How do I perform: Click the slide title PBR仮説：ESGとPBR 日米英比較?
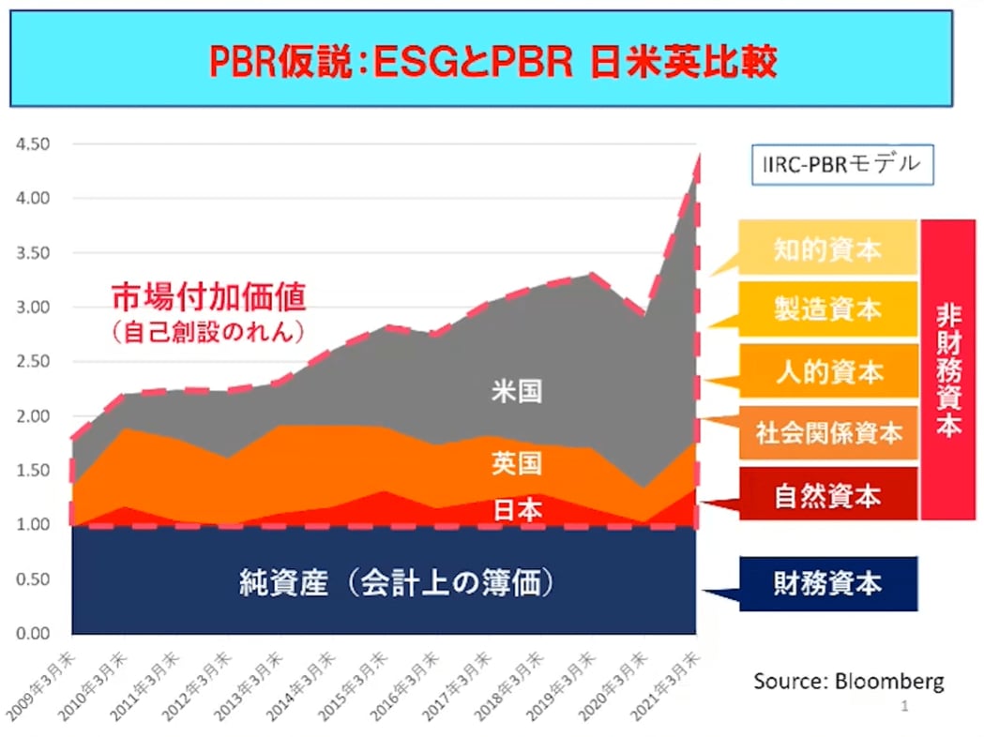pyautogui.click(x=492, y=63)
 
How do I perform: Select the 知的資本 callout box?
pyautogui.click(x=826, y=248)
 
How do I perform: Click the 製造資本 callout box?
pyautogui.click(x=826, y=309)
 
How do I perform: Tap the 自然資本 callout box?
pyautogui.click(x=826, y=495)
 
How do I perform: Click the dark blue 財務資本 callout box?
pyautogui.click(x=826, y=583)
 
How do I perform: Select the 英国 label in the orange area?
pyautogui.click(x=517, y=462)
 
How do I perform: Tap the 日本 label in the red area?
pyautogui.click(x=517, y=509)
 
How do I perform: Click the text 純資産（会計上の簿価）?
pyautogui.click(x=397, y=583)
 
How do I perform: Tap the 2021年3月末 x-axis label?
pyautogui.click(x=667, y=689)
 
